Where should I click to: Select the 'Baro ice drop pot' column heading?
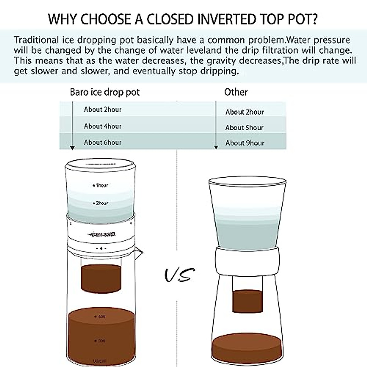click(x=105, y=92)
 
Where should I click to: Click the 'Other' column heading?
click(x=236, y=92)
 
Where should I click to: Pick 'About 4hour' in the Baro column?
click(x=102, y=126)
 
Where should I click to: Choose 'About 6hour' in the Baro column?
click(x=102, y=142)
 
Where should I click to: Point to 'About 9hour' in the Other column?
click(x=245, y=143)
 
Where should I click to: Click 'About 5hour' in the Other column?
click(x=244, y=128)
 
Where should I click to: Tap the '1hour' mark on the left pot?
click(x=101, y=185)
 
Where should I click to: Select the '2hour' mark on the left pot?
click(x=101, y=203)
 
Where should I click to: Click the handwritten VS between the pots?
click(x=179, y=274)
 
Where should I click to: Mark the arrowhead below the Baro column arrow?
click(x=72, y=148)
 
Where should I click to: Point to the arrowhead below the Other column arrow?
click(x=216, y=148)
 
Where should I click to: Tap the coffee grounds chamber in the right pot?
click(x=247, y=301)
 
